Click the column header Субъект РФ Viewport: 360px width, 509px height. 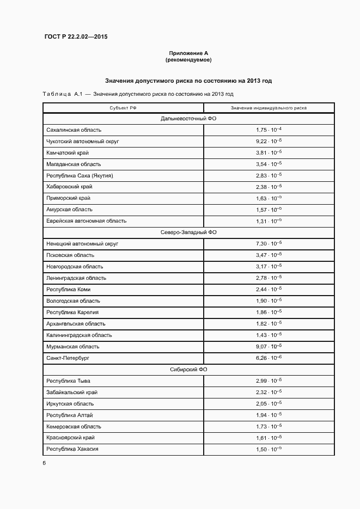[x=123, y=108]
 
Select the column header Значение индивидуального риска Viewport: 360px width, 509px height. [x=269, y=108]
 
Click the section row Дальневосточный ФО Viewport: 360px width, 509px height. [x=188, y=119]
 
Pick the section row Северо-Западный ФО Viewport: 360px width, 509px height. [x=188, y=232]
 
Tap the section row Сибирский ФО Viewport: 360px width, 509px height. [x=188, y=370]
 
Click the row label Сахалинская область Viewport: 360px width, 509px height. [x=74, y=130]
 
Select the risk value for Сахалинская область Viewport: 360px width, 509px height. [x=269, y=130]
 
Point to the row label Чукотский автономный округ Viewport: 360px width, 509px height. [x=83, y=142]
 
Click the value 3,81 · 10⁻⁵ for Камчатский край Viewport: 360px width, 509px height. [x=269, y=153]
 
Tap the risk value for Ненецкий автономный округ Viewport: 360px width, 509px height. [x=269, y=244]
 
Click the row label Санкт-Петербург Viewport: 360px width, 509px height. [x=68, y=358]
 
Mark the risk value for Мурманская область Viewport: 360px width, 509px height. [x=269, y=347]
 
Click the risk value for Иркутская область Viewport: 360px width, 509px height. [x=269, y=404]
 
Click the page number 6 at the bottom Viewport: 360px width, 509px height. [x=44, y=463]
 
